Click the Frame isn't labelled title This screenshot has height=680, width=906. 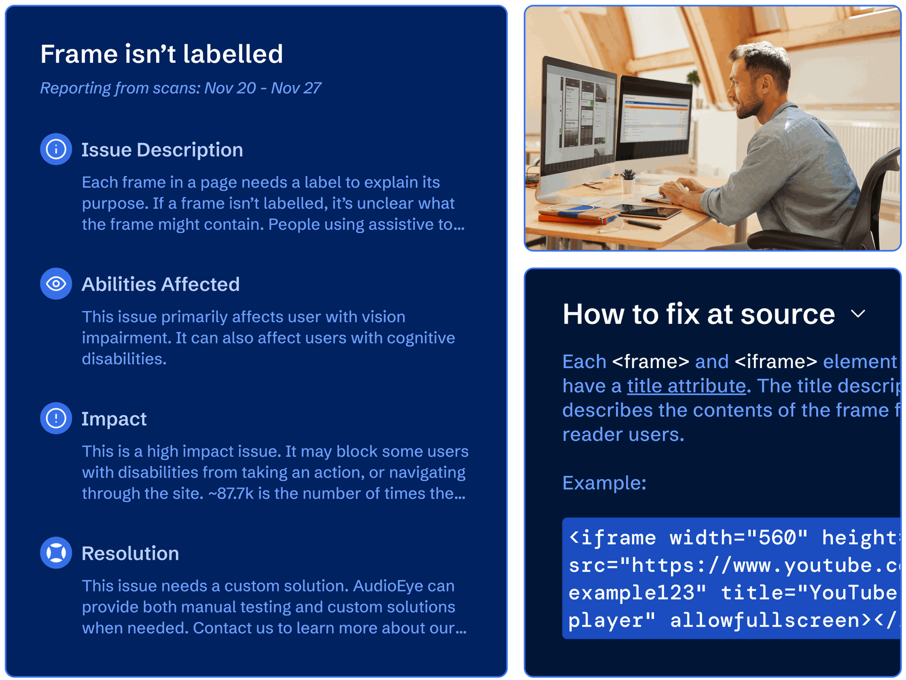161,54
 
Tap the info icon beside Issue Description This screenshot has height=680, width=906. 56,150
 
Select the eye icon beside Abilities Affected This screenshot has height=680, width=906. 56,284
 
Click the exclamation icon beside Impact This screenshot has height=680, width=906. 56,419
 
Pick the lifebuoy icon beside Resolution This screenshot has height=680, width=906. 56,553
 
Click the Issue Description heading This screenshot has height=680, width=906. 162,150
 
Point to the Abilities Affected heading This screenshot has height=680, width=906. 160,285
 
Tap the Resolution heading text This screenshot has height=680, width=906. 130,554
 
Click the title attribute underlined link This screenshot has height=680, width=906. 686,386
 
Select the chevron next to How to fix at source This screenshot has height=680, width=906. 858,314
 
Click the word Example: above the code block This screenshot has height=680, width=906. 604,483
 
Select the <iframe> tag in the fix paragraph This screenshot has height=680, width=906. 776,362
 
